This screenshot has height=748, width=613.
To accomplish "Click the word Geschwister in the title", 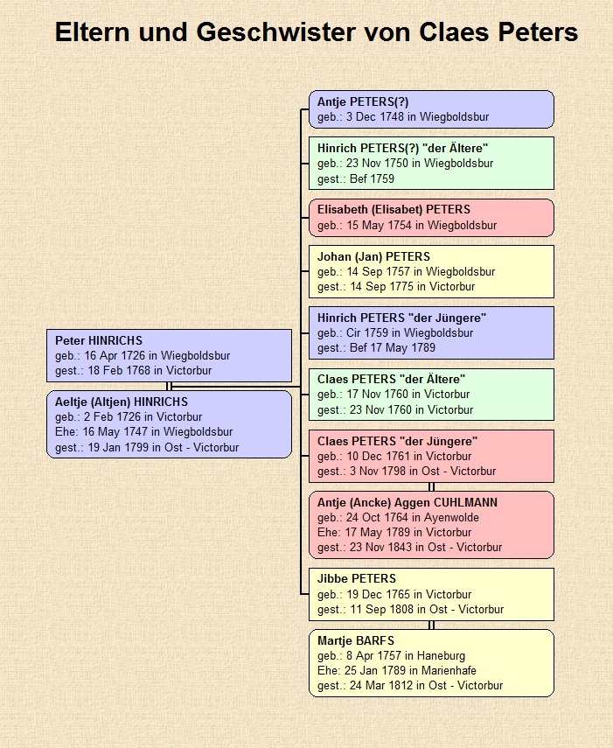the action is pyautogui.click(x=276, y=32).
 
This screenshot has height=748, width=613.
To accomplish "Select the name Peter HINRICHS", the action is pyautogui.click(x=99, y=340).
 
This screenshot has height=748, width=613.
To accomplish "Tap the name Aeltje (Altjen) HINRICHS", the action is pyautogui.click(x=122, y=402).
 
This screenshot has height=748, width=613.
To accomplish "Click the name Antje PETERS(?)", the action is pyautogui.click(x=363, y=101).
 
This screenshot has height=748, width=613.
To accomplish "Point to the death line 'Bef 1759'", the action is pyautogui.click(x=356, y=178).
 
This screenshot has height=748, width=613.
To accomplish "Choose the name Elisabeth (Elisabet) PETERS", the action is pyautogui.click(x=394, y=209).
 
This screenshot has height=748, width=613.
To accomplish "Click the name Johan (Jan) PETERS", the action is pyautogui.click(x=373, y=256).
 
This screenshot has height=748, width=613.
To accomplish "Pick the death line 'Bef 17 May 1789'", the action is pyautogui.click(x=376, y=348).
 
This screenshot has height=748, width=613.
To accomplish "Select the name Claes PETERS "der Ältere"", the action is pyautogui.click(x=392, y=379).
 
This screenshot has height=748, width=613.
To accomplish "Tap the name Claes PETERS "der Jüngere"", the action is pyautogui.click(x=398, y=441).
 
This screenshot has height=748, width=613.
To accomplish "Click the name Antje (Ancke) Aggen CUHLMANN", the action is pyautogui.click(x=408, y=502).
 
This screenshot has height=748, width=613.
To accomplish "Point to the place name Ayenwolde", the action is pyautogui.click(x=451, y=518).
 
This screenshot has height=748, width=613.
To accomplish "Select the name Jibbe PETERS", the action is pyautogui.click(x=357, y=578).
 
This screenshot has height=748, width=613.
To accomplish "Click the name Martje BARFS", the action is pyautogui.click(x=356, y=640).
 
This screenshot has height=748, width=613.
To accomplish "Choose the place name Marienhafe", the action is pyautogui.click(x=449, y=671).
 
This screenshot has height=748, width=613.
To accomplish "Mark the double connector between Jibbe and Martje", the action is pyautogui.click(x=431, y=625).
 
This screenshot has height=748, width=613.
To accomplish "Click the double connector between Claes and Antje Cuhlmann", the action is pyautogui.click(x=431, y=486).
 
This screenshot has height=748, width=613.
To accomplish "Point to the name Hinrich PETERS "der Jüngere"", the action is pyautogui.click(x=402, y=318).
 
